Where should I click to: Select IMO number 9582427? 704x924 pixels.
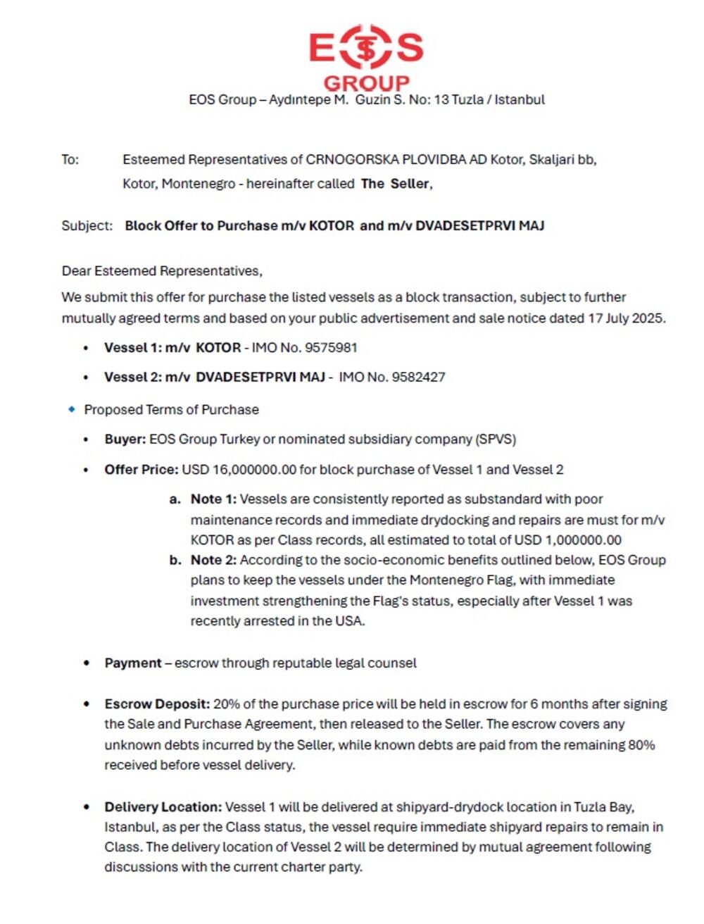pyautogui.click(x=418, y=377)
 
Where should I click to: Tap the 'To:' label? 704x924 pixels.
pyautogui.click(x=70, y=160)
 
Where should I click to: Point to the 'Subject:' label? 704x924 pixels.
pyautogui.click(x=87, y=226)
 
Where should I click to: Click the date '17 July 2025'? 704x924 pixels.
pyautogui.click(x=626, y=318)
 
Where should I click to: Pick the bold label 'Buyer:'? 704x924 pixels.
pyautogui.click(x=125, y=439)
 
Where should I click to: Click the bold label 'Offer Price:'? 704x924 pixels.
pyautogui.click(x=141, y=470)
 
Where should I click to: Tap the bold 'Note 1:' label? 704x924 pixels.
pyautogui.click(x=213, y=499)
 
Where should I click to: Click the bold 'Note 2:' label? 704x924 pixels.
pyautogui.click(x=213, y=561)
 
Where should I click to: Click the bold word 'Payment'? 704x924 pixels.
pyautogui.click(x=133, y=663)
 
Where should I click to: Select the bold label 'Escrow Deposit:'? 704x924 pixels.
pyautogui.click(x=157, y=704)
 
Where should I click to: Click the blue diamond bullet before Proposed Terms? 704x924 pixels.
pyautogui.click(x=71, y=409)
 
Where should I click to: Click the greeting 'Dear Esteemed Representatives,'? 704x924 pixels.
pyautogui.click(x=162, y=271)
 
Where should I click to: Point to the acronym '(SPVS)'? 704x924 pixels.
pyautogui.click(x=496, y=439)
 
